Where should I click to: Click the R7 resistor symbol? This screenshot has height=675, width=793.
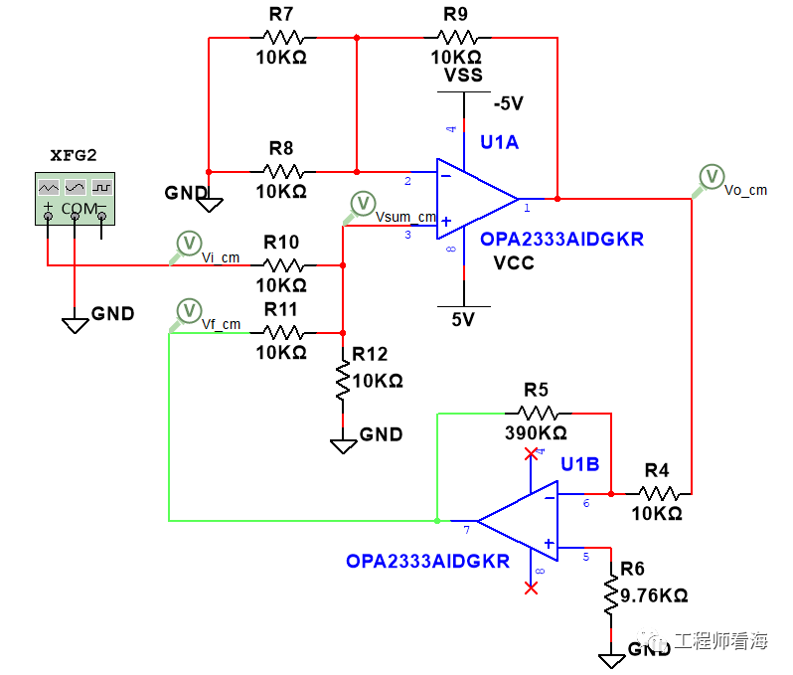click(x=281, y=38)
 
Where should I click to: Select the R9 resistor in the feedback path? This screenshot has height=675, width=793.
click(x=456, y=38)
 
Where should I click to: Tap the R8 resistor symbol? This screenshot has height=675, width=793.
click(x=281, y=170)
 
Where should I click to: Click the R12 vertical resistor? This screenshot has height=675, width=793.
click(x=343, y=381)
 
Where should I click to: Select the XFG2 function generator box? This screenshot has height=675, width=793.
click(x=76, y=198)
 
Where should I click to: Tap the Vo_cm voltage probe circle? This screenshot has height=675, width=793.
click(x=712, y=175)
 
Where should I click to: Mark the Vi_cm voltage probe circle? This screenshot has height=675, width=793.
click(x=189, y=242)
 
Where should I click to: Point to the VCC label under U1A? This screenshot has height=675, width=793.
click(x=514, y=262)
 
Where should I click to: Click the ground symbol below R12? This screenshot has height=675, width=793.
click(x=343, y=443)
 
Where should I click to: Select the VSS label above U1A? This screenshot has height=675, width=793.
click(x=463, y=76)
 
